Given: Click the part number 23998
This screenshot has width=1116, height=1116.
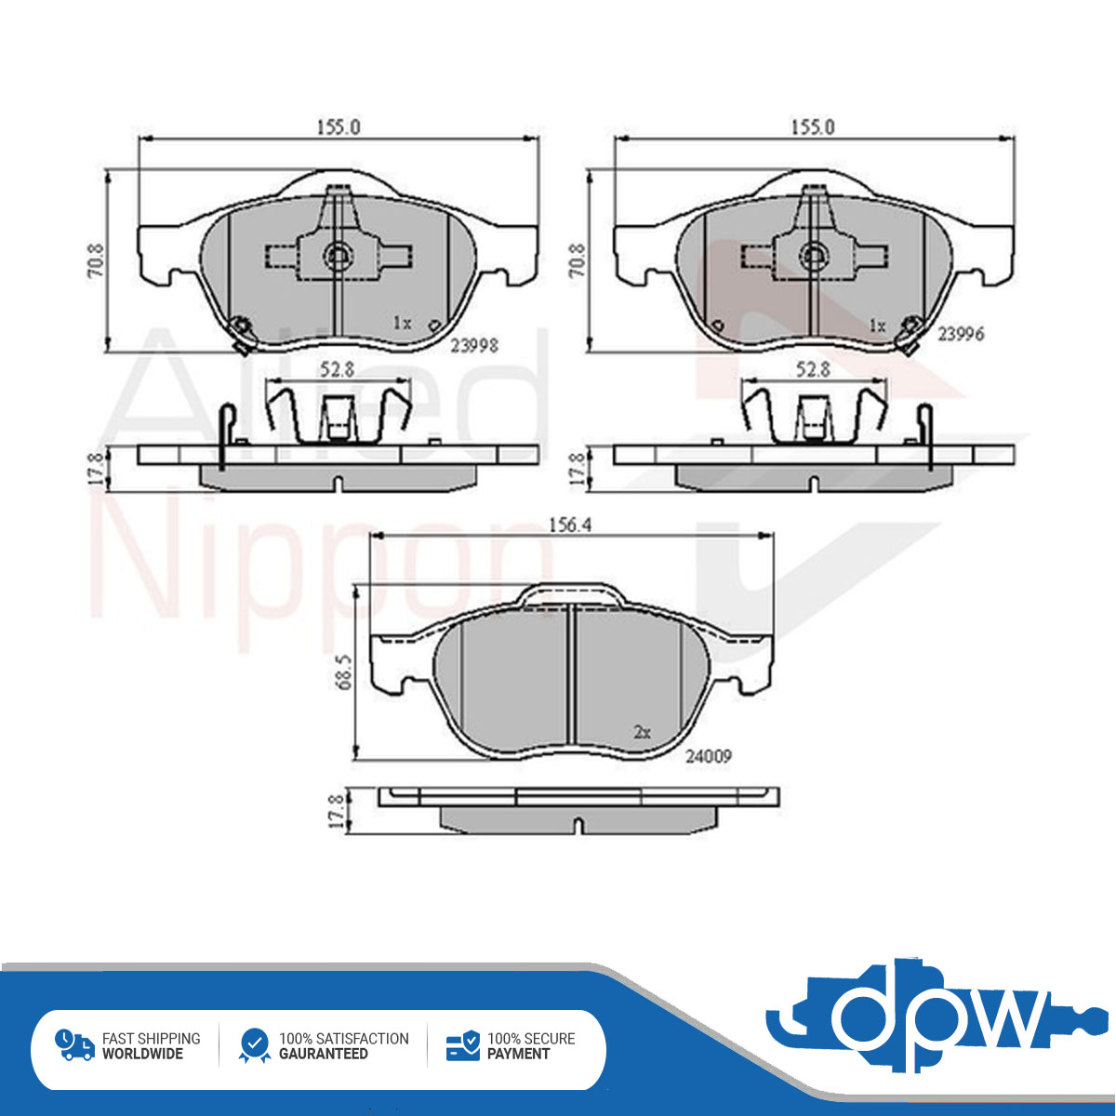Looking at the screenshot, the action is click(474, 346).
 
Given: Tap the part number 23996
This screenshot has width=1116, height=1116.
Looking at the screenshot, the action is click(961, 334).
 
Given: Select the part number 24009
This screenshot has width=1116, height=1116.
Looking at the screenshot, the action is click(709, 756).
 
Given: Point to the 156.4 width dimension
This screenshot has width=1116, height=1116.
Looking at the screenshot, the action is click(570, 525).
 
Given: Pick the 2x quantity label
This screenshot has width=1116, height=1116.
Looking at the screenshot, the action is click(642, 733).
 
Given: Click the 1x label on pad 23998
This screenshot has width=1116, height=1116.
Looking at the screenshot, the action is click(402, 323).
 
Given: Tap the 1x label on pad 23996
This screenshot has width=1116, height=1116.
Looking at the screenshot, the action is click(877, 326).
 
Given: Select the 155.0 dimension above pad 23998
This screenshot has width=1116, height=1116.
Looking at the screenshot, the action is click(339, 126).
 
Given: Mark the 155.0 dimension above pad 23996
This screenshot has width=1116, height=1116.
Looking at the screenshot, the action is click(813, 126).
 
